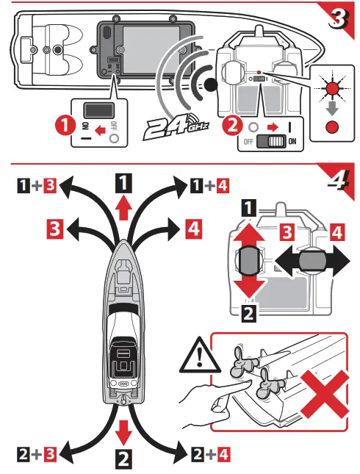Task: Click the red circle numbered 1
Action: tap(65, 125)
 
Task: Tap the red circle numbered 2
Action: tap(232, 126)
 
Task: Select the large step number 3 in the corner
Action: tap(339, 19)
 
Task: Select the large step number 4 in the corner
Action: tap(339, 180)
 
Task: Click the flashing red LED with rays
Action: tap(333, 88)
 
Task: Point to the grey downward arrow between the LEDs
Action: tap(332, 108)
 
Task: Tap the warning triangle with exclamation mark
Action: tap(200, 355)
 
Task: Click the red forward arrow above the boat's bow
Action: tap(123, 207)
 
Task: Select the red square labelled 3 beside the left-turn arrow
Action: tap(54, 229)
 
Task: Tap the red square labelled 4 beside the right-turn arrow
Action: tap(193, 229)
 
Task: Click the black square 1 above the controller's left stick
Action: tap(248, 208)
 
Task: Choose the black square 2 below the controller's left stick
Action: tap(248, 314)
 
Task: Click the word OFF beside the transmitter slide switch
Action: tap(248, 142)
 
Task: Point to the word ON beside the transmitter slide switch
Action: tap(292, 142)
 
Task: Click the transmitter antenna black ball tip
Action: tap(210, 85)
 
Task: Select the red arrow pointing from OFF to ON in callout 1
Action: tap(101, 131)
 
